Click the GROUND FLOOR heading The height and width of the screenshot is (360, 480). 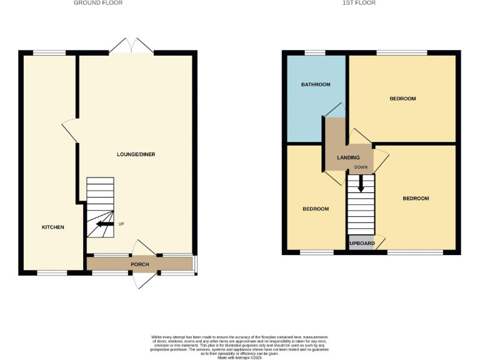point(98,3)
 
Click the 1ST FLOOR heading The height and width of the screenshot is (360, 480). point(360,3)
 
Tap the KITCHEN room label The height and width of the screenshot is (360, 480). point(53,227)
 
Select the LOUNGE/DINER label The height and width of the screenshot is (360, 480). point(136,154)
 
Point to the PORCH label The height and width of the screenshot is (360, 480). point(139,264)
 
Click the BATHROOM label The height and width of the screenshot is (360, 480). point(316,84)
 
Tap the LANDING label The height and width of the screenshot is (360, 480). point(348,158)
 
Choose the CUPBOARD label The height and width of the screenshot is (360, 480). point(361,243)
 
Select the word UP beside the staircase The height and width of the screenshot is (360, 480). point(121,223)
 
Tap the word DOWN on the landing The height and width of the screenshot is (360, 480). point(361,167)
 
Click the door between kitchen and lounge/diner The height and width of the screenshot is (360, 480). point(70,131)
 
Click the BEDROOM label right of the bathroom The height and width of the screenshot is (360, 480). point(402,99)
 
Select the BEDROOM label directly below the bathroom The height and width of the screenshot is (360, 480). point(316,209)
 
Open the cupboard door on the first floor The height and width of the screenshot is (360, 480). point(380,241)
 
